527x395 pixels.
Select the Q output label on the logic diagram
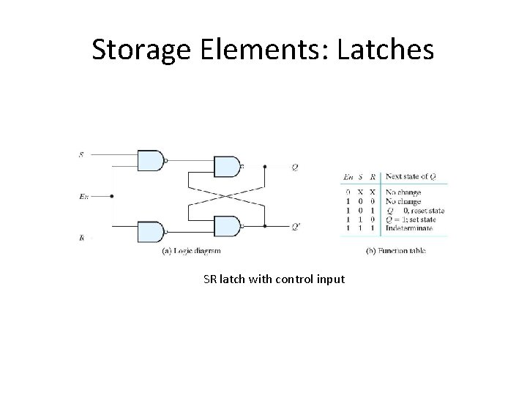294,167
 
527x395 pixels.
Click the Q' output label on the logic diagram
295,226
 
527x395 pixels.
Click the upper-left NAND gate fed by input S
150,159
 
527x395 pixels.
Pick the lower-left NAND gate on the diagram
150,233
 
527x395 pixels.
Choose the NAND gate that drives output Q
225,167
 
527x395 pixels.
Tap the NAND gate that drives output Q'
225,226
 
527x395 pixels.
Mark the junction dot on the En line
111,196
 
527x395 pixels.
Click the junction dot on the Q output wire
264,167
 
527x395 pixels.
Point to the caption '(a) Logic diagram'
190,251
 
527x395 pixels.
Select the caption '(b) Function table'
395,251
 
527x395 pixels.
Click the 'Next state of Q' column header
412,177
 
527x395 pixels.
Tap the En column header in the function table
347,177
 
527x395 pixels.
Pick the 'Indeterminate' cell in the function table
409,228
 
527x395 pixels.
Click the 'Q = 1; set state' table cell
414,219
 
